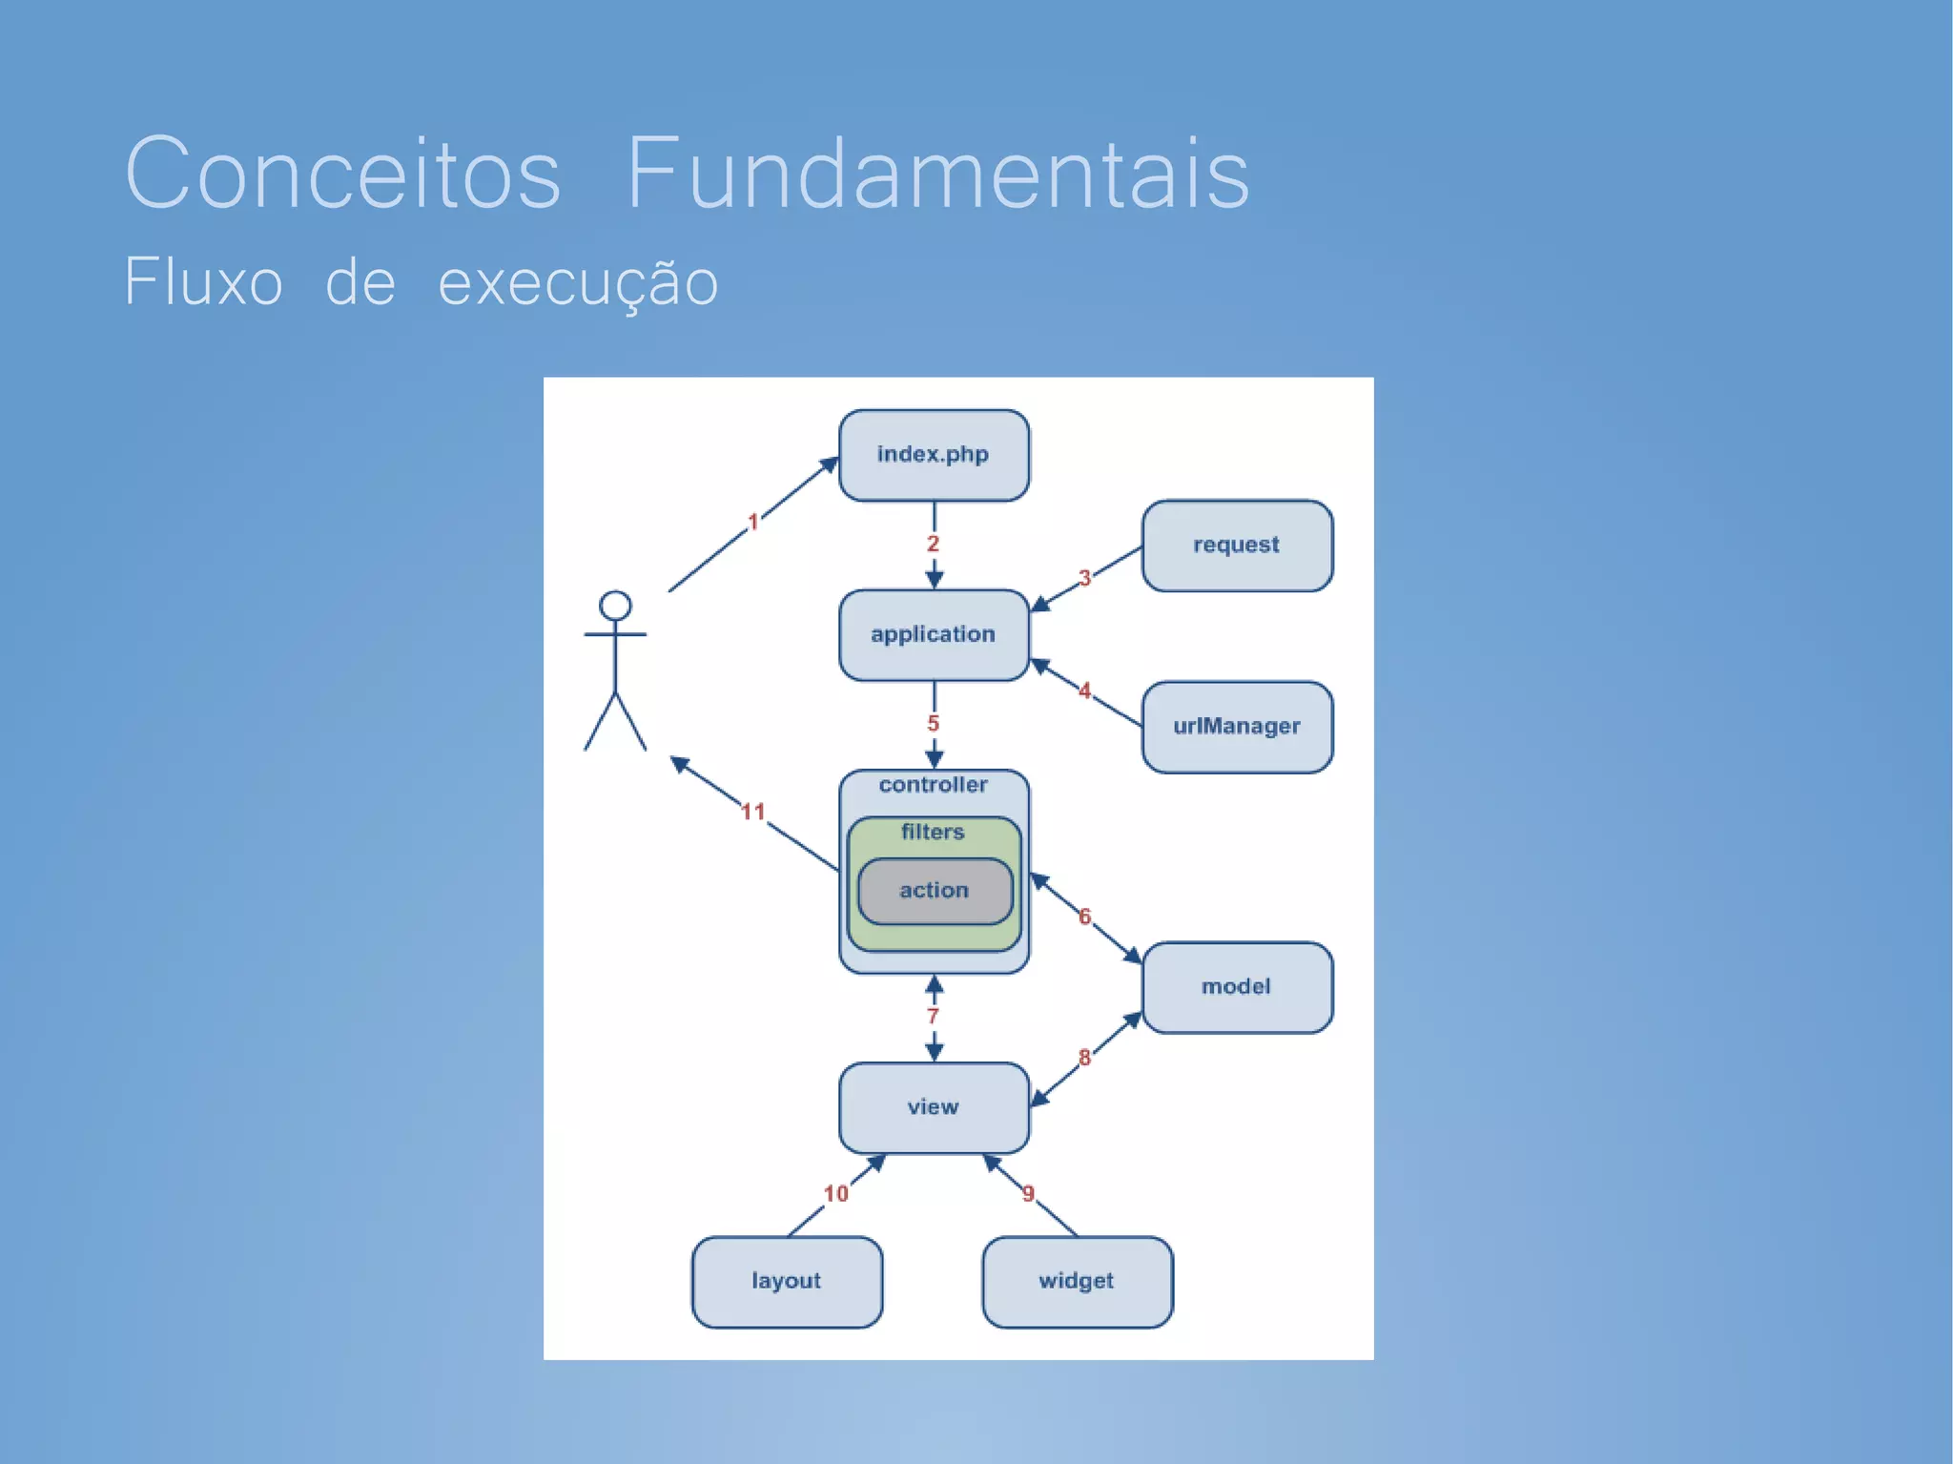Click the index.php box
point(934,455)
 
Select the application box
point(934,634)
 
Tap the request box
point(1237,545)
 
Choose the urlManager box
point(1237,726)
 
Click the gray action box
point(935,891)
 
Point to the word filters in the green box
point(933,832)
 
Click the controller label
point(933,785)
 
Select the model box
point(1237,987)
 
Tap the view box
point(934,1107)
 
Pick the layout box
point(787,1281)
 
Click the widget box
point(1077,1281)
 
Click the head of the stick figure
point(615,606)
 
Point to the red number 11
point(753,812)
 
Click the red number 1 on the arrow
point(752,522)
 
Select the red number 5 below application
point(934,724)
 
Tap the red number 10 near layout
point(836,1194)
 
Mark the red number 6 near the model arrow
point(1084,917)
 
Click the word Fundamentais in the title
point(937,174)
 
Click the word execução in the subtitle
point(578,283)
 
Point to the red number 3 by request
point(1084,578)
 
